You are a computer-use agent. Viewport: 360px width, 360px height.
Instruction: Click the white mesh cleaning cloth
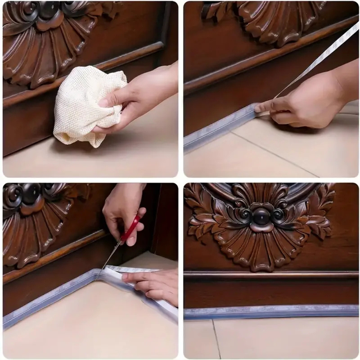pyautogui.click(x=83, y=107)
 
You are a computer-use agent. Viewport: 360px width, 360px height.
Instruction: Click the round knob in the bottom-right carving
pyautogui.click(x=262, y=217)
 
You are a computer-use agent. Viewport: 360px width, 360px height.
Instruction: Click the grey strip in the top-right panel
pyautogui.click(x=217, y=128)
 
